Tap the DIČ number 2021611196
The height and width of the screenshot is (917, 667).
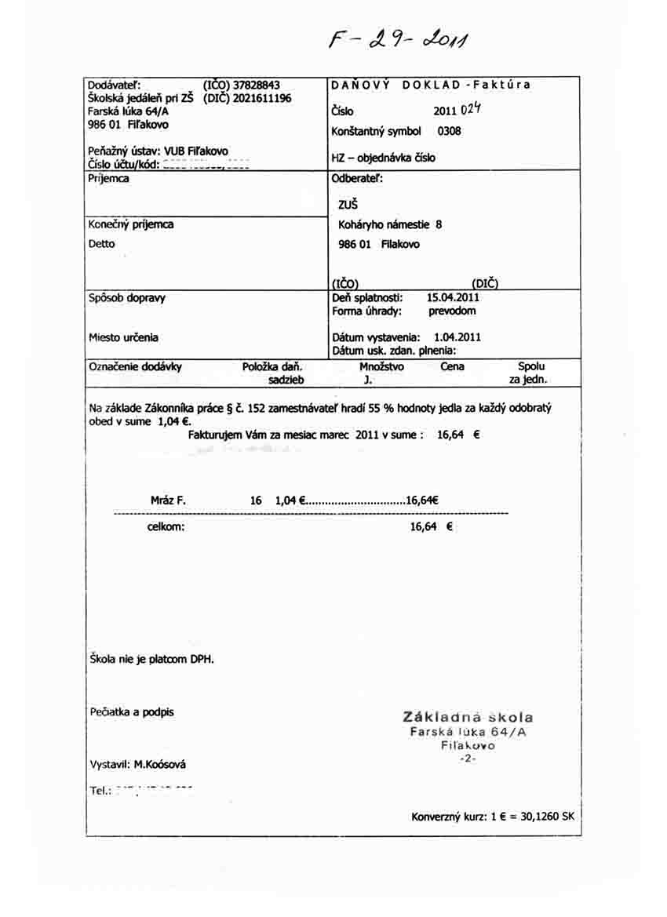(262, 98)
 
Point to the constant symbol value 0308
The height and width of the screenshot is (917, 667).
(449, 131)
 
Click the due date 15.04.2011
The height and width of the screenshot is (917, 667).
(453, 297)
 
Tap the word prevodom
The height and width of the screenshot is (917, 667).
(452, 311)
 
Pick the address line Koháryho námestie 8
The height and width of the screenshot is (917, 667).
(390, 224)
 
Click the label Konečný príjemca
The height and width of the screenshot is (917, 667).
(131, 224)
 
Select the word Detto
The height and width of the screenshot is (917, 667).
(102, 244)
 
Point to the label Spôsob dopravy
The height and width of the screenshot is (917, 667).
(127, 298)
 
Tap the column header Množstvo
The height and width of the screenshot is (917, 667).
(381, 366)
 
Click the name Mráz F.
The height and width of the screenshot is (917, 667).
(168, 500)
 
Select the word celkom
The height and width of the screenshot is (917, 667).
(166, 526)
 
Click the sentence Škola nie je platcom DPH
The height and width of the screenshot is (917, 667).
(151, 659)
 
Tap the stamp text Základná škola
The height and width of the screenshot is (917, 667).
(468, 717)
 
